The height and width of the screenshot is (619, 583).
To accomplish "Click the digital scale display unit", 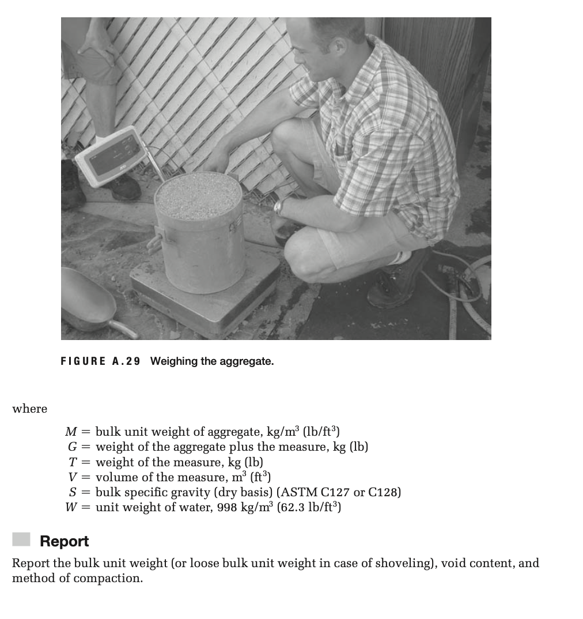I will (110, 155).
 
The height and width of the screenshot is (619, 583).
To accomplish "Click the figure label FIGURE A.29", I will (100, 361).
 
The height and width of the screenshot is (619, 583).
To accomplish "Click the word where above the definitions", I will (30, 409).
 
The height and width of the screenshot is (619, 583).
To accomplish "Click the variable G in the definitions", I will (72, 447).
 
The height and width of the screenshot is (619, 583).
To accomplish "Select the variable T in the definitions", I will (72, 462).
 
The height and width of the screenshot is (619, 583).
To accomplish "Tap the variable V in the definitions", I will (72, 477).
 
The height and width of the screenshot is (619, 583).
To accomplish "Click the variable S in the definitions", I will (73, 492).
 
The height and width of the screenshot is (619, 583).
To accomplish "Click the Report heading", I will (64, 541).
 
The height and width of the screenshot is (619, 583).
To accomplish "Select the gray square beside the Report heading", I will (21, 539).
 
